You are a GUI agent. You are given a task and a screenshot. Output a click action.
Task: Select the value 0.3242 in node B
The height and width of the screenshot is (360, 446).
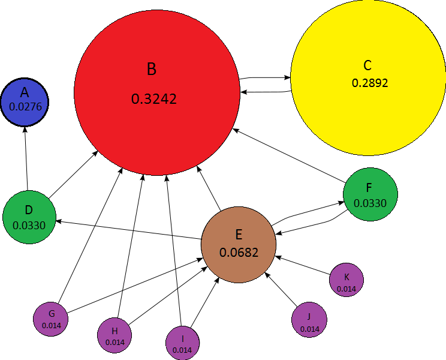[154, 99]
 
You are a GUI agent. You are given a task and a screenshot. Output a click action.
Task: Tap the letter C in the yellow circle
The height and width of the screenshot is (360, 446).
[367, 65]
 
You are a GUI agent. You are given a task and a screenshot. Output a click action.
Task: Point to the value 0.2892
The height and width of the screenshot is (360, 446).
[370, 83]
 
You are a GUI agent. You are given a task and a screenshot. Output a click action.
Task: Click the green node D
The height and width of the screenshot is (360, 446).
[29, 217]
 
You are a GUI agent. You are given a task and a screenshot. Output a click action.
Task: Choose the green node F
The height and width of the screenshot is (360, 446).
[370, 194]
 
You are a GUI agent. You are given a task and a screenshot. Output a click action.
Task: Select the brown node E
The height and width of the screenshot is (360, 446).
[239, 243]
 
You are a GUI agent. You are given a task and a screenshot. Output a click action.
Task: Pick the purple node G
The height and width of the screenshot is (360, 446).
[52, 319]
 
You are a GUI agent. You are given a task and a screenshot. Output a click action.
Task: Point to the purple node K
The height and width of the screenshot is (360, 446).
[346, 280]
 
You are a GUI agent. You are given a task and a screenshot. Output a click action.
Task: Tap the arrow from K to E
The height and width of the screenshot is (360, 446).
[303, 268]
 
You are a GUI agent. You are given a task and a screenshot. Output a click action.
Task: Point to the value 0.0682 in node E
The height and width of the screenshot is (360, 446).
[239, 253]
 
